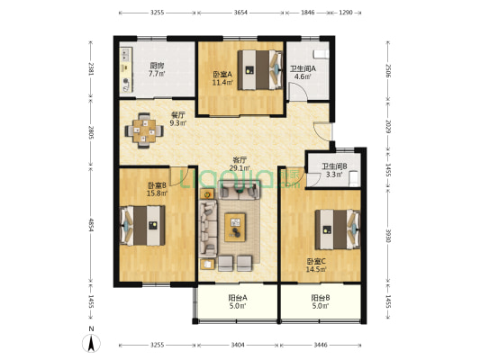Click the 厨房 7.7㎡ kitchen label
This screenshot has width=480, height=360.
pyautogui.click(x=157, y=69)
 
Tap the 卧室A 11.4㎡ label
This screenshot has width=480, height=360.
pyautogui.click(x=222, y=78)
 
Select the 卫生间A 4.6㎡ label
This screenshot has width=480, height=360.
pyautogui.click(x=303, y=73)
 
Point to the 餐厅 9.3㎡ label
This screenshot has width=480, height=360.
pyautogui.click(x=177, y=119)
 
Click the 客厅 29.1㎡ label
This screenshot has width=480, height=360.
pyautogui.click(x=240, y=164)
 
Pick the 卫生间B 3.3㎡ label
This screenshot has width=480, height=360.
pyautogui.click(x=334, y=170)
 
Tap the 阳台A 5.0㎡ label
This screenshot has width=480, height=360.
pyautogui.click(x=238, y=301)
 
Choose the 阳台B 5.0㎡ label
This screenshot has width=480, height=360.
pyautogui.click(x=321, y=301)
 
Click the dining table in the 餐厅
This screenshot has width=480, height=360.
pyautogui.click(x=144, y=130)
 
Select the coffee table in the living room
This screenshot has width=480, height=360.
pyautogui.click(x=235, y=228)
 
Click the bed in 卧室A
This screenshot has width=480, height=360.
pyautogui.click(x=260, y=70)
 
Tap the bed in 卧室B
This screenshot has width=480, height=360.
pyautogui.click(x=142, y=225)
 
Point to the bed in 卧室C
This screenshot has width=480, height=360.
pyautogui.click(x=338, y=229)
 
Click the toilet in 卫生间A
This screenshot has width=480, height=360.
pyautogui.click(x=322, y=54)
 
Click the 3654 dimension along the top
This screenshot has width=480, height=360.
pyautogui.click(x=240, y=13)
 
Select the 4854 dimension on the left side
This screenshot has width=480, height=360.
pyautogui.click(x=91, y=224)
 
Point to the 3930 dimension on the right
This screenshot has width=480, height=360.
pyautogui.click(x=388, y=236)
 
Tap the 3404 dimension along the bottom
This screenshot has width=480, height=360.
pyautogui.click(x=238, y=345)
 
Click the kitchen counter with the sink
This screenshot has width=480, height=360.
pyautogui.click(x=126, y=69)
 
